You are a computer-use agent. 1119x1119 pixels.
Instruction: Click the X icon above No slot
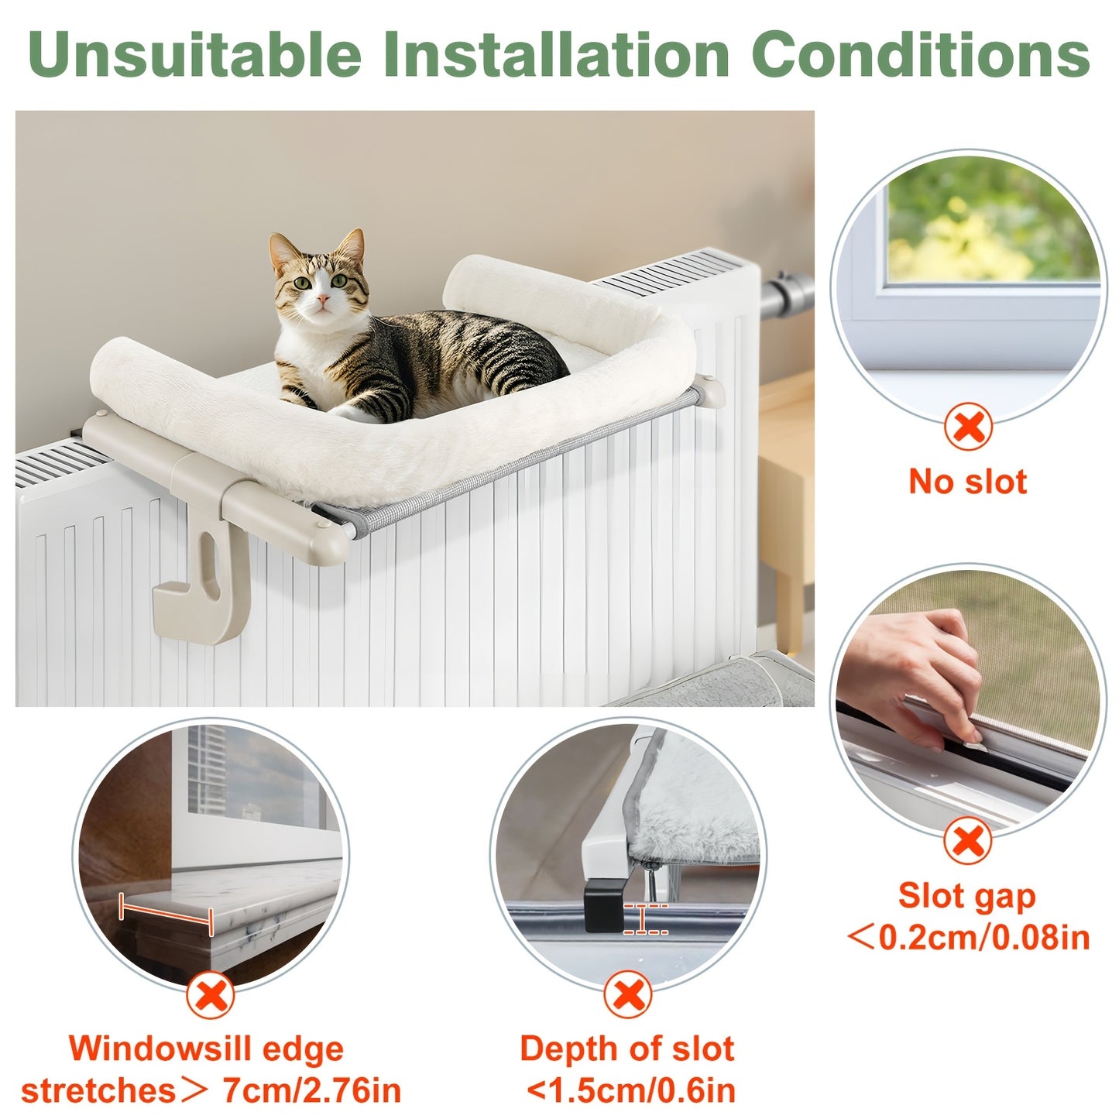(x=968, y=427)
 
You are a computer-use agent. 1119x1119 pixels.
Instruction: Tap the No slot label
(x=968, y=482)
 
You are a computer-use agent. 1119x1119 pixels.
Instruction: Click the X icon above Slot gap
(x=967, y=842)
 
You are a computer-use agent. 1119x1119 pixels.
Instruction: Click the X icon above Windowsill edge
(x=210, y=995)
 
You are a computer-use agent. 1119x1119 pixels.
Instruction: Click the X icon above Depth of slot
(x=628, y=994)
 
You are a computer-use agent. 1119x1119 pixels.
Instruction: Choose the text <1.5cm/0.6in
(x=630, y=1090)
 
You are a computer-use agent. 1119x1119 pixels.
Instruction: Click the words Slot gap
(x=966, y=896)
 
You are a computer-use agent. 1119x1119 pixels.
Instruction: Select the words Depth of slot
(x=627, y=1049)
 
